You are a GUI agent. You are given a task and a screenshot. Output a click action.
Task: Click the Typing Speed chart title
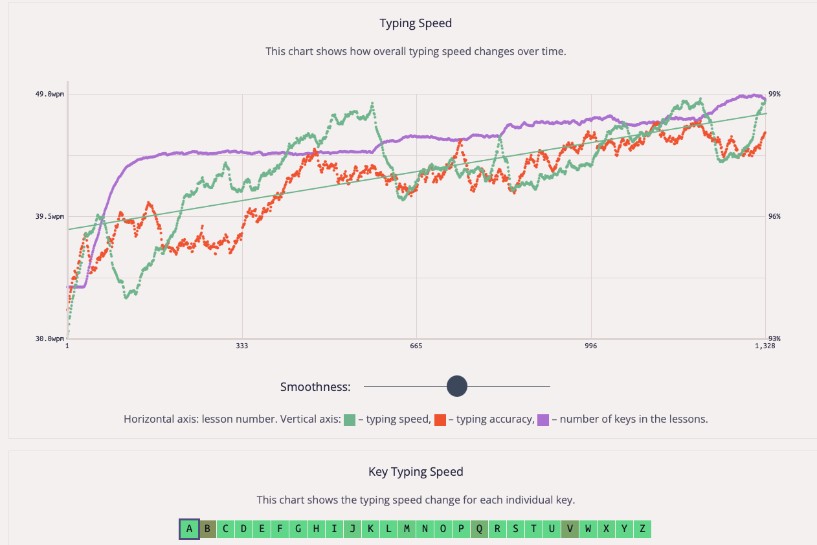(416, 23)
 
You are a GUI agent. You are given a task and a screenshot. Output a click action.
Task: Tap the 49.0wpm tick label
(50, 95)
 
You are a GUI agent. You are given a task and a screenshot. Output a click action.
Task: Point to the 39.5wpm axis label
(50, 217)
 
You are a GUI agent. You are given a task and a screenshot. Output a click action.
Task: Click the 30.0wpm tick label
(50, 339)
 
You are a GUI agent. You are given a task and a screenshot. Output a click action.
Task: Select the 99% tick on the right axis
(774, 95)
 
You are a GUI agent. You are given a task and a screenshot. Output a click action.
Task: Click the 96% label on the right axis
(774, 217)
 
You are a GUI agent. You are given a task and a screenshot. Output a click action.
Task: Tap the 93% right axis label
(774, 339)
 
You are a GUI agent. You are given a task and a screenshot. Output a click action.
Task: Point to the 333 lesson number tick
(242, 347)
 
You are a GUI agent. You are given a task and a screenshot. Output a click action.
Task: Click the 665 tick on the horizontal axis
(416, 347)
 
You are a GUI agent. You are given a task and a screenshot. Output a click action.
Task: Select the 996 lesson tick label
(590, 347)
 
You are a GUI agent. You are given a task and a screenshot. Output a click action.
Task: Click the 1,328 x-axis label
(765, 347)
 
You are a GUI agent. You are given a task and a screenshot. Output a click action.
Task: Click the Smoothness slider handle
(457, 386)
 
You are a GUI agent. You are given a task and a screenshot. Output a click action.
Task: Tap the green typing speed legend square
(350, 419)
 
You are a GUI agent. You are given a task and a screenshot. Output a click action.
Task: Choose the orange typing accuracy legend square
(440, 419)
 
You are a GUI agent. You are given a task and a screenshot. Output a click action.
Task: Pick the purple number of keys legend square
(543, 419)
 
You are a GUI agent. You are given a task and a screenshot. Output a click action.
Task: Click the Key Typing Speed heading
(416, 472)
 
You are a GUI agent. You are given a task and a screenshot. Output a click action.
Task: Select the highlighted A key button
(189, 529)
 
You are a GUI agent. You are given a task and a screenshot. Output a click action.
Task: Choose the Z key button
(642, 529)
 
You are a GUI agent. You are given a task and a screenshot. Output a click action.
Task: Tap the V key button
(570, 529)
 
